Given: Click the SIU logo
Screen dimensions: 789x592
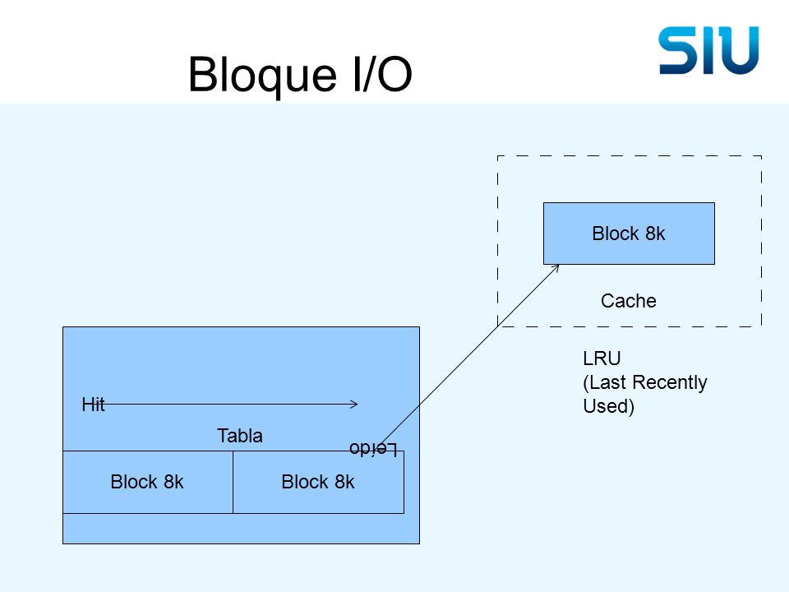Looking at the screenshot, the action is tap(708, 50).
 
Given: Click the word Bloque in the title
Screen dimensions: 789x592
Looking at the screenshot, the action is tap(262, 75).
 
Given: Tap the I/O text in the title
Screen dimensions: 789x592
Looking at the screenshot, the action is tap(382, 74).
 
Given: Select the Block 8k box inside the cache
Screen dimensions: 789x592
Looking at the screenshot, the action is tap(629, 234).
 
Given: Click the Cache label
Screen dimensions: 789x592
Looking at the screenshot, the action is tap(629, 301).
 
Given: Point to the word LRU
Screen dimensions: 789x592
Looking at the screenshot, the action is tap(602, 358).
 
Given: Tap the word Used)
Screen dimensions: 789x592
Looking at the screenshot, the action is tap(608, 405).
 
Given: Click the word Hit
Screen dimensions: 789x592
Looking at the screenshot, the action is tap(93, 405).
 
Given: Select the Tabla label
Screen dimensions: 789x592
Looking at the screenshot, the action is tap(239, 436).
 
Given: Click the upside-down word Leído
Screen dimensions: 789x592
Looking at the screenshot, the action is tap(373, 449).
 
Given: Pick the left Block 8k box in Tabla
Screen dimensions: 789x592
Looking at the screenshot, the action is tap(147, 483).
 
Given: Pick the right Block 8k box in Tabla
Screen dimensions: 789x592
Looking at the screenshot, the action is tap(319, 483).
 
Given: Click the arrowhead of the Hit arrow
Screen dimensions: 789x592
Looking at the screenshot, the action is tap(355, 404).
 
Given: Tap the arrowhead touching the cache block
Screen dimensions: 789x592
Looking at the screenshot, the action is tap(555, 268).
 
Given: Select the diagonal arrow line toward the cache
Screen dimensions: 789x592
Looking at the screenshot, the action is tap(469, 355).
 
